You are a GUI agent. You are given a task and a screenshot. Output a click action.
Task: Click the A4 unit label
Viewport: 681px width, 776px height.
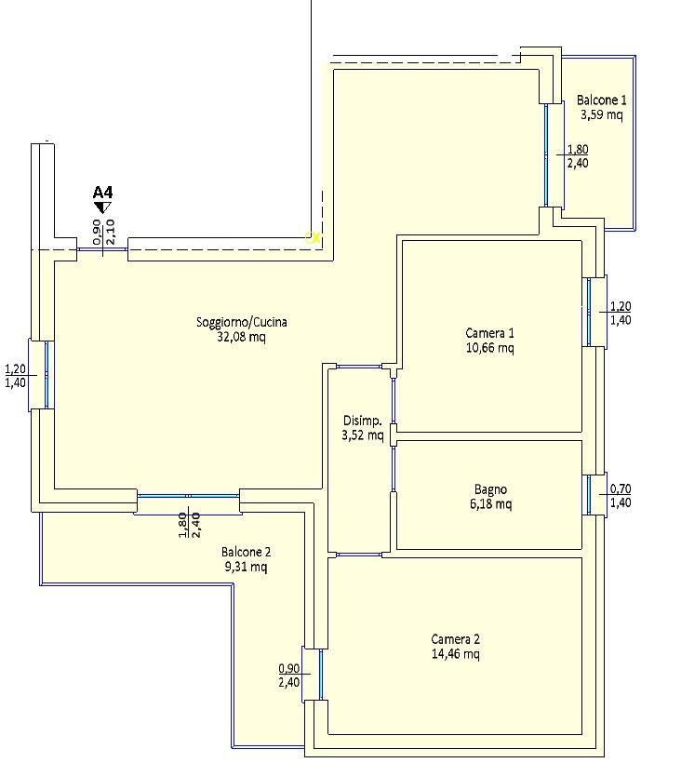pos(103,192)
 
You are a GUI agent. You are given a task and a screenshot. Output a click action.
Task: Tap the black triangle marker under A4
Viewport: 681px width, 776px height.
pos(103,207)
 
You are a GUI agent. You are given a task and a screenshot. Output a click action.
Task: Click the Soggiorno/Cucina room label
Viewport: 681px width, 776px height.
pos(242,322)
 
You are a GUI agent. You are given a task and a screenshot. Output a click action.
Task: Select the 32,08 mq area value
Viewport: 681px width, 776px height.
pos(241,337)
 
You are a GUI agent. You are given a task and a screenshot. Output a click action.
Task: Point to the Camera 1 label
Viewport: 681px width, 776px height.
pos(489,333)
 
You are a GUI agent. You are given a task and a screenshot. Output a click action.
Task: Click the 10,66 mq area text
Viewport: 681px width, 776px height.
pos(489,348)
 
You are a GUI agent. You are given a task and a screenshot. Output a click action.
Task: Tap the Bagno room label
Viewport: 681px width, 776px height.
pos(490,489)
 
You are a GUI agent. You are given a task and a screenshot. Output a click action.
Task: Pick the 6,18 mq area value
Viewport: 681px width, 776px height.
pos(490,504)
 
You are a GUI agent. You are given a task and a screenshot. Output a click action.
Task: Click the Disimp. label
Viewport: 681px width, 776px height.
pos(362,421)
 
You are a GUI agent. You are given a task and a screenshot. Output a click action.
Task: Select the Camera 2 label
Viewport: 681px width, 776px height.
pos(455,639)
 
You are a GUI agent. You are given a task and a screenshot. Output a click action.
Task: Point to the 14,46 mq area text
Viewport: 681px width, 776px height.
pos(455,654)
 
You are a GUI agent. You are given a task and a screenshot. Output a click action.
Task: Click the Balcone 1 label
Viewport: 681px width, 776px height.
pos(601,100)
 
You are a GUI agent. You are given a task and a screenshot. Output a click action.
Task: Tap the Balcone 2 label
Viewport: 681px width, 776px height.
pos(246,552)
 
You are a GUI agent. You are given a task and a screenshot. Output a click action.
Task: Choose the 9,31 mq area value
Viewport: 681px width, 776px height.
pos(246,567)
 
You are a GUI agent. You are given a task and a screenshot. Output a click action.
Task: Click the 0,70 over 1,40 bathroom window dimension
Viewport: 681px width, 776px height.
pos(621,495)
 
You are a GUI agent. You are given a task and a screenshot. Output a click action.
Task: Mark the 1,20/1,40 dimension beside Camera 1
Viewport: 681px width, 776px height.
pos(621,313)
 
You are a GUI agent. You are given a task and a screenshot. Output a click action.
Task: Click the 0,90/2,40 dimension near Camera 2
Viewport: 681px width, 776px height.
pos(289,675)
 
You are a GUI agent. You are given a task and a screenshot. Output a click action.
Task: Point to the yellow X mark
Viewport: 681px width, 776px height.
pos(314,238)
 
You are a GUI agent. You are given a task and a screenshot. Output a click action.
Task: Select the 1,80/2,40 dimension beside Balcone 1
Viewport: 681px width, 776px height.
pos(578,156)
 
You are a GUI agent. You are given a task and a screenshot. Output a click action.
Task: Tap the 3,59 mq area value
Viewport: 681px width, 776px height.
pos(601,114)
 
